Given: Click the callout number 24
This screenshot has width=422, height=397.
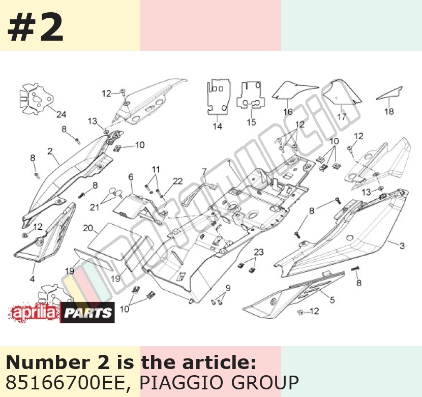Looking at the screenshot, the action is (61, 114).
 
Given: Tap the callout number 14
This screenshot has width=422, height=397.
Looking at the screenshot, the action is (218, 126).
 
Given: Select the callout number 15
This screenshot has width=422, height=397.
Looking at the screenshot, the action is (251, 122).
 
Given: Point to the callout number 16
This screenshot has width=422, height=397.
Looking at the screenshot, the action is (288, 112).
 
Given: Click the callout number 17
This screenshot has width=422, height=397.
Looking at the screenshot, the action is (342, 117).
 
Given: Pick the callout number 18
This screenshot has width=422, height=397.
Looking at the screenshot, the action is (389, 111).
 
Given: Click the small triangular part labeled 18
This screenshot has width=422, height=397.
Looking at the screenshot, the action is (389, 93).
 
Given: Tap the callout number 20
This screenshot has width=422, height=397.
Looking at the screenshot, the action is (88, 228).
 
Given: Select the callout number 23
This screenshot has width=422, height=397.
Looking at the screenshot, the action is (259, 252).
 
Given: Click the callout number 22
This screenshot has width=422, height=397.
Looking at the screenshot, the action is (178, 181).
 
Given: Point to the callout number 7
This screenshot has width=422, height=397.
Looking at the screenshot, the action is (204, 171).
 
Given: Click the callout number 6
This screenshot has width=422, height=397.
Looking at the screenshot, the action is (131, 177).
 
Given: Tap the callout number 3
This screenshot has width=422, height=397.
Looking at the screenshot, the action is (402, 246).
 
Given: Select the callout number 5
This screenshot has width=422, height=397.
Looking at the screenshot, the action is (332, 300).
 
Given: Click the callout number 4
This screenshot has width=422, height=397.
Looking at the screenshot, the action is (33, 279).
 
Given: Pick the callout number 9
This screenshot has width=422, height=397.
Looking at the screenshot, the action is (228, 288).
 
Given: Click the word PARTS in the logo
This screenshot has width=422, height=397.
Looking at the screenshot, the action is (88, 313).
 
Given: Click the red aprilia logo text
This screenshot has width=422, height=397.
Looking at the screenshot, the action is (34, 312).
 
